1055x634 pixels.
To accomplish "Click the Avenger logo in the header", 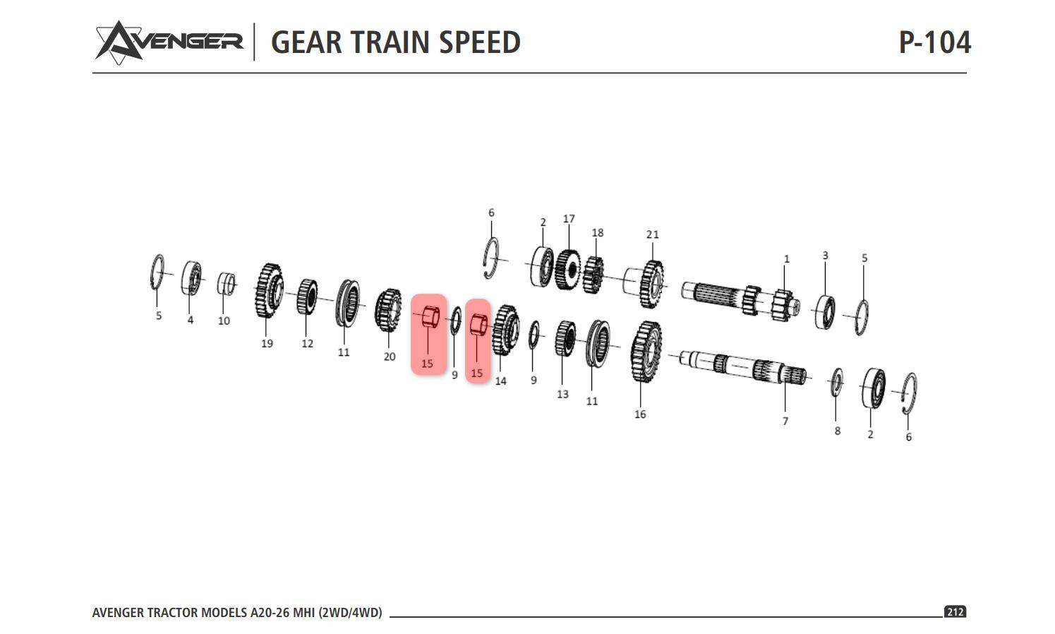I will tap(169, 42).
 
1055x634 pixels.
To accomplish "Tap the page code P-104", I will tap(934, 42).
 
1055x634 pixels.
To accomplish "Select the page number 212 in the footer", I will tap(955, 611).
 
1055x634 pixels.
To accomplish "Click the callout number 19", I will tap(267, 344).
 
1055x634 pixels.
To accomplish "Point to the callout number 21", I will tap(652, 234).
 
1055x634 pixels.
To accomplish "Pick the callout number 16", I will tap(640, 414).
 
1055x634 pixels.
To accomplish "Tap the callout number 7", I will tap(785, 421).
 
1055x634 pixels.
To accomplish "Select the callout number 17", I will tap(569, 220).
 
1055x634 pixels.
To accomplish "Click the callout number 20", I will tap(390, 357).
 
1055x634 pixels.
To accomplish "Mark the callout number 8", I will tap(837, 431).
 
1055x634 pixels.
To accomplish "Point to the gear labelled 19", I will tap(268, 290).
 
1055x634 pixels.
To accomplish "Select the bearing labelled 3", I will tap(824, 312).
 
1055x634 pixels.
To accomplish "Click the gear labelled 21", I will tap(652, 284).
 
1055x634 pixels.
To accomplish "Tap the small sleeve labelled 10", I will tap(226, 284).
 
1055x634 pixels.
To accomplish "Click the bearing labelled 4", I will tap(191, 278).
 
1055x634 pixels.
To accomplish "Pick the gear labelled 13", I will tap(565, 339).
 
